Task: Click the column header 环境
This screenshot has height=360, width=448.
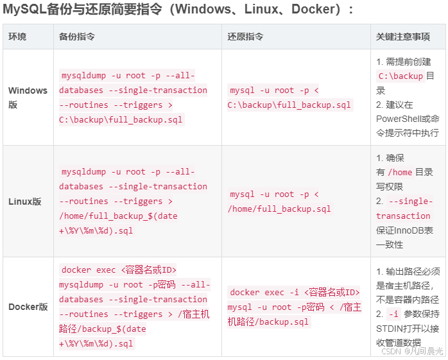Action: click(17, 37)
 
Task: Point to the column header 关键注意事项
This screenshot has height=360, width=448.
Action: click(402, 37)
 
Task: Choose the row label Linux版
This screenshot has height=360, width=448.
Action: click(25, 201)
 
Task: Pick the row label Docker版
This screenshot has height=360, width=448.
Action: click(28, 307)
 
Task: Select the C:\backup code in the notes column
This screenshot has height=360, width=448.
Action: click(401, 76)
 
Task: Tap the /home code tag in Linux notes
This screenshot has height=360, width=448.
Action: click(401, 172)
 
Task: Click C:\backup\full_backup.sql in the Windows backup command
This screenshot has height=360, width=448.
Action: click(121, 119)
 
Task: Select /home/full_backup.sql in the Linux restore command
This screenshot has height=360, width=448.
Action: click(279, 209)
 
